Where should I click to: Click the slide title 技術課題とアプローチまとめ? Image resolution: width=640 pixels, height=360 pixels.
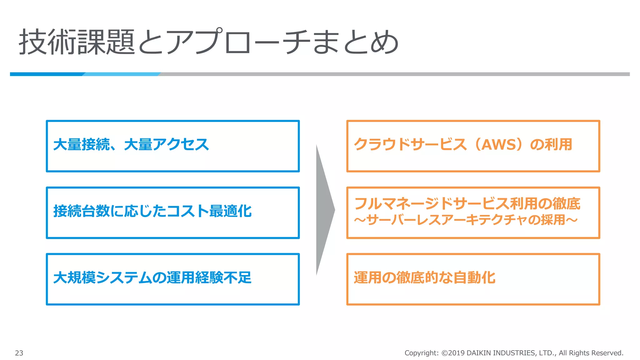[x=208, y=42]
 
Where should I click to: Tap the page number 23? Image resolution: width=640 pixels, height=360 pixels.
[x=19, y=353]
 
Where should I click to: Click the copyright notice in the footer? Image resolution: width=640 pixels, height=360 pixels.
[x=514, y=353]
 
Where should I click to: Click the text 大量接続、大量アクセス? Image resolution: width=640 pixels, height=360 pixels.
[x=131, y=145]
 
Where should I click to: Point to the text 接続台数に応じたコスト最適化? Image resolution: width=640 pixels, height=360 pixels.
[x=152, y=211]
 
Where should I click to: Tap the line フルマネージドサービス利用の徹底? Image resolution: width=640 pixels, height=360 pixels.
[x=467, y=203]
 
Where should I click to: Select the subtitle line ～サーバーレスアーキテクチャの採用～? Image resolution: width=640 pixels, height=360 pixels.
[x=466, y=220]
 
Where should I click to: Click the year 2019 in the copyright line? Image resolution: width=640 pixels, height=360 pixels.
[x=456, y=353]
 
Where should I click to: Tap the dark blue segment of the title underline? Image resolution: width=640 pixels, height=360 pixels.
[x=47, y=74]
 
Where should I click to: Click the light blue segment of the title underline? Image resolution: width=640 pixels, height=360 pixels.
[x=122, y=74]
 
